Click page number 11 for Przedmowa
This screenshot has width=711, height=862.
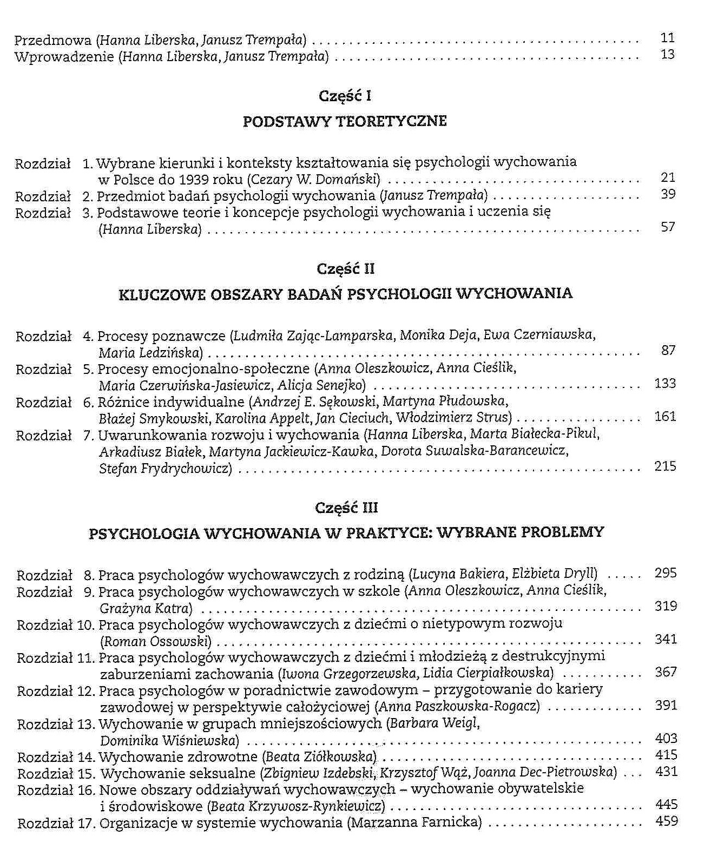click(x=668, y=37)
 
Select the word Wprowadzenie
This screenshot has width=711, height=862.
click(x=64, y=56)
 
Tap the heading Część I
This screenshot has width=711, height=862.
click(x=345, y=96)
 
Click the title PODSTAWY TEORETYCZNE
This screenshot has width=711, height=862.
click(x=345, y=121)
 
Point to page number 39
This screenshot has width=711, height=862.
click(x=668, y=194)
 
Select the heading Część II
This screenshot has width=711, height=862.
click(x=345, y=269)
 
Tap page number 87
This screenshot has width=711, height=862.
click(x=668, y=350)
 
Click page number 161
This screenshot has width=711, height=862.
click(x=665, y=416)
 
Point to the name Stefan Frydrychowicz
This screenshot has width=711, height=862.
click(x=165, y=468)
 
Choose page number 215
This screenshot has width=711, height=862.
click(x=665, y=466)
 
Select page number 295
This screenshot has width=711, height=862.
click(x=666, y=573)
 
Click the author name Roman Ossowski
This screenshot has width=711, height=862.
click(x=156, y=642)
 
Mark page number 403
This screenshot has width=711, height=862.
click(x=666, y=738)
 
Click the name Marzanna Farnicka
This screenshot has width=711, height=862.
click(x=414, y=823)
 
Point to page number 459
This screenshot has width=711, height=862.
click(x=667, y=821)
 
